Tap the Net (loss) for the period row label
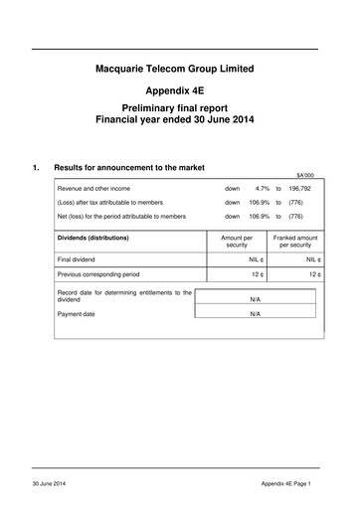coord(121,216)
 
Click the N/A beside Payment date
coord(255,313)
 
